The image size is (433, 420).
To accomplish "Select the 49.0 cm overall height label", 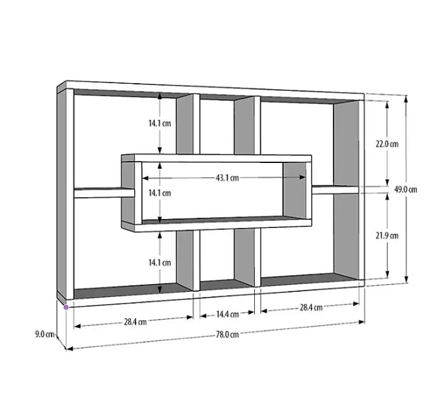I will pyautogui.click(x=407, y=189).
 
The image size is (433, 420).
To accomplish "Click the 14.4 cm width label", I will pyautogui.click(x=227, y=314).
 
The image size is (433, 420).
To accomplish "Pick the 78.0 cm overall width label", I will pyautogui.click(x=227, y=334).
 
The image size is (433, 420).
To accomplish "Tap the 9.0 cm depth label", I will pyautogui.click(x=44, y=334).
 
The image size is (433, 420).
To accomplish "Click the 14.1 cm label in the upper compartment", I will pyautogui.click(x=158, y=122).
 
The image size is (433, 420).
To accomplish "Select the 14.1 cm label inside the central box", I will pyautogui.click(x=158, y=193).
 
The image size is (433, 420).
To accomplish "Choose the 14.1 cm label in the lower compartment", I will pyautogui.click(x=158, y=263).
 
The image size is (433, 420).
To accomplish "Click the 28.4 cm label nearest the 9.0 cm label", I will pyautogui.click(x=134, y=321).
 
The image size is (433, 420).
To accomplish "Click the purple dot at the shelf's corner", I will pyautogui.click(x=66, y=307).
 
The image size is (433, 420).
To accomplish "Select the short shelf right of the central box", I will pyautogui.click(x=336, y=189).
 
